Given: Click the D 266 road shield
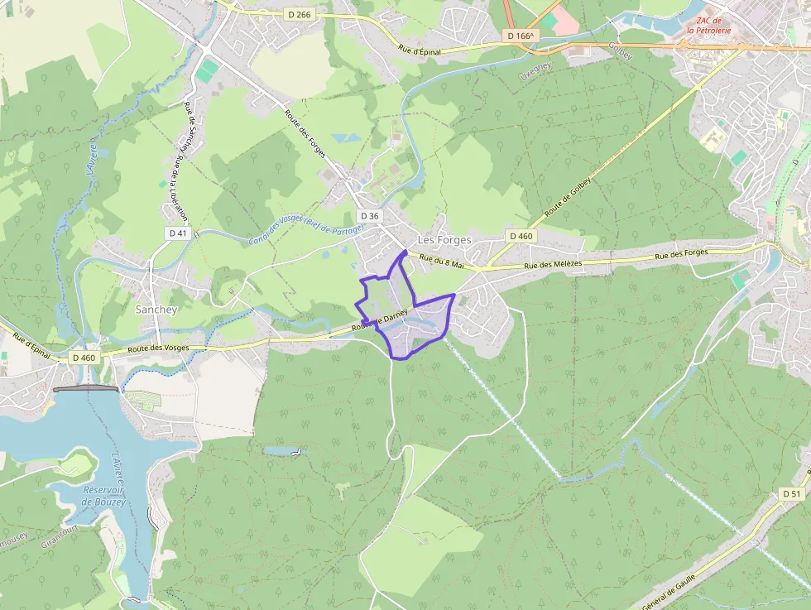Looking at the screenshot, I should (x=300, y=14).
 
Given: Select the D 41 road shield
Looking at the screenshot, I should (x=178, y=233).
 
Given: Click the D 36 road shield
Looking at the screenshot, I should (x=370, y=216).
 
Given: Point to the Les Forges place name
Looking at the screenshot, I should (x=444, y=240).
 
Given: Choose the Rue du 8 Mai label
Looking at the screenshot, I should (x=442, y=262).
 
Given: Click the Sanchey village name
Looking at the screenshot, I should (x=156, y=309).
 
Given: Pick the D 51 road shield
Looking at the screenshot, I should (x=792, y=493).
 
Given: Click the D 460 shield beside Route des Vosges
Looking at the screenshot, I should (x=84, y=358).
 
